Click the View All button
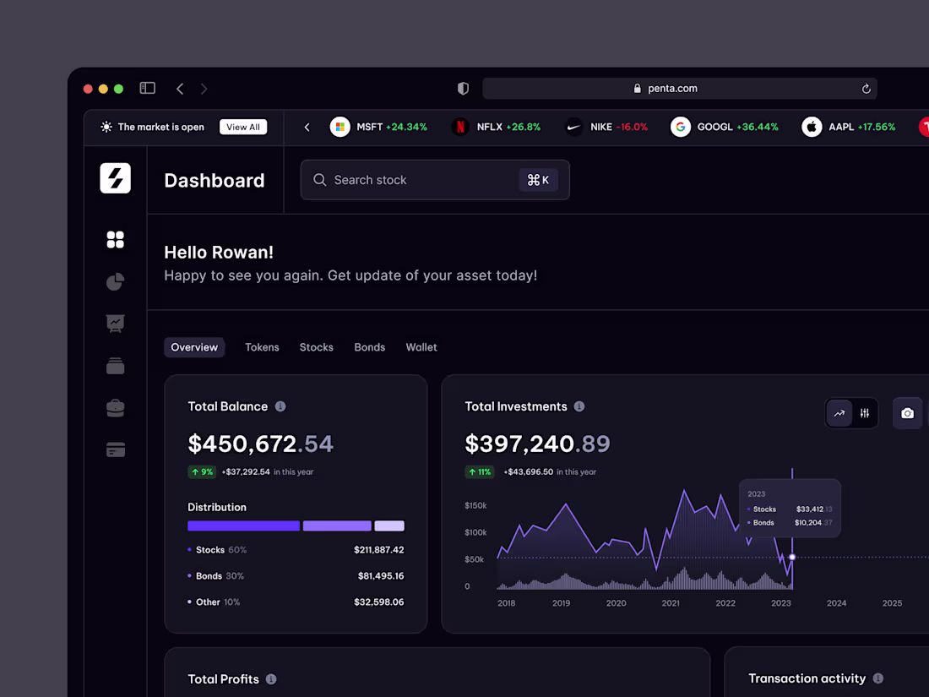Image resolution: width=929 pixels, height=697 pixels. tap(243, 127)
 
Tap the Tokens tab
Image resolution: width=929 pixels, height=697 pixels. tap(262, 347)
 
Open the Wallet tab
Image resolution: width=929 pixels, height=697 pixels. tap(421, 347)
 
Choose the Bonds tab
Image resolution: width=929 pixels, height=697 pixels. tap(370, 347)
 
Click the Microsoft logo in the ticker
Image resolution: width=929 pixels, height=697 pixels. tap(340, 127)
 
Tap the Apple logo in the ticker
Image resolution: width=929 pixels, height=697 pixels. tap(812, 127)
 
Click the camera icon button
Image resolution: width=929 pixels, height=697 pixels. tap(908, 413)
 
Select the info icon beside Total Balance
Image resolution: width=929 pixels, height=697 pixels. tap(280, 406)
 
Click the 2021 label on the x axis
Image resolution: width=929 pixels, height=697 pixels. tap(671, 603)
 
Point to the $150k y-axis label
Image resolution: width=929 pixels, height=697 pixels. tap(475, 505)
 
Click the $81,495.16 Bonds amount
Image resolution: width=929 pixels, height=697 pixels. tap(381, 576)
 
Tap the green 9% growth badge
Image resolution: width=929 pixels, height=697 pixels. tap(202, 471)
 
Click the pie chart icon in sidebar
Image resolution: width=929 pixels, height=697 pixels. tap(116, 281)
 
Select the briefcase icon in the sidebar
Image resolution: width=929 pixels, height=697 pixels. tap(116, 408)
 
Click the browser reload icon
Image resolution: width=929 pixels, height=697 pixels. tap(866, 89)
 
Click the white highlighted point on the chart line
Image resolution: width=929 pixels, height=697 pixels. tap(792, 557)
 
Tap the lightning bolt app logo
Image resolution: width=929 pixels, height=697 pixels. tap(116, 178)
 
